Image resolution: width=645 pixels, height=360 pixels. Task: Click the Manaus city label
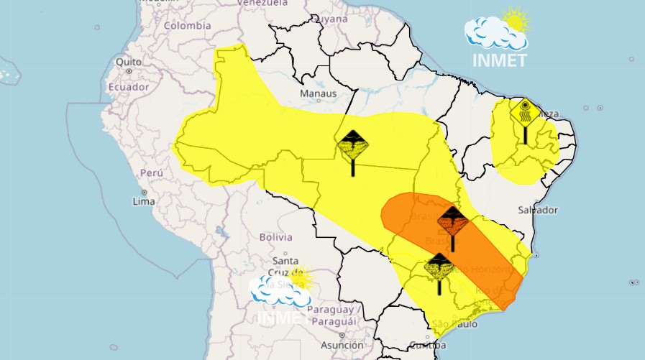click(x=318, y=93)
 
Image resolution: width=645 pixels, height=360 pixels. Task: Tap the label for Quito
click(x=129, y=62)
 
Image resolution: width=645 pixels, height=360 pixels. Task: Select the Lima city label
click(x=143, y=202)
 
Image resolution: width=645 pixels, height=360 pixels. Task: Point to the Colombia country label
click(x=187, y=26)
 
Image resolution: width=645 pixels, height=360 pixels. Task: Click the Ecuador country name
click(x=128, y=87)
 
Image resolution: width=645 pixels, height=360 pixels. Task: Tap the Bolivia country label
click(x=275, y=237)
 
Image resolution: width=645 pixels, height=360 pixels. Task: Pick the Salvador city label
click(x=537, y=210)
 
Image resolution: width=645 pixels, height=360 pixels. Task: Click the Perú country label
click(x=152, y=173)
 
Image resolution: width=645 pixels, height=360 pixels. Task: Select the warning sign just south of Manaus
click(x=353, y=148)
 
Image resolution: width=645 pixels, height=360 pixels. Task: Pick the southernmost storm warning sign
click(x=439, y=269)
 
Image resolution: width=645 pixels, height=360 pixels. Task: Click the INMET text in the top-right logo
click(x=500, y=60)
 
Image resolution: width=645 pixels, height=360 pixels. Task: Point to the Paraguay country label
click(x=332, y=310)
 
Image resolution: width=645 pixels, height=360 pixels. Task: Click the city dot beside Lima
click(x=144, y=193)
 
